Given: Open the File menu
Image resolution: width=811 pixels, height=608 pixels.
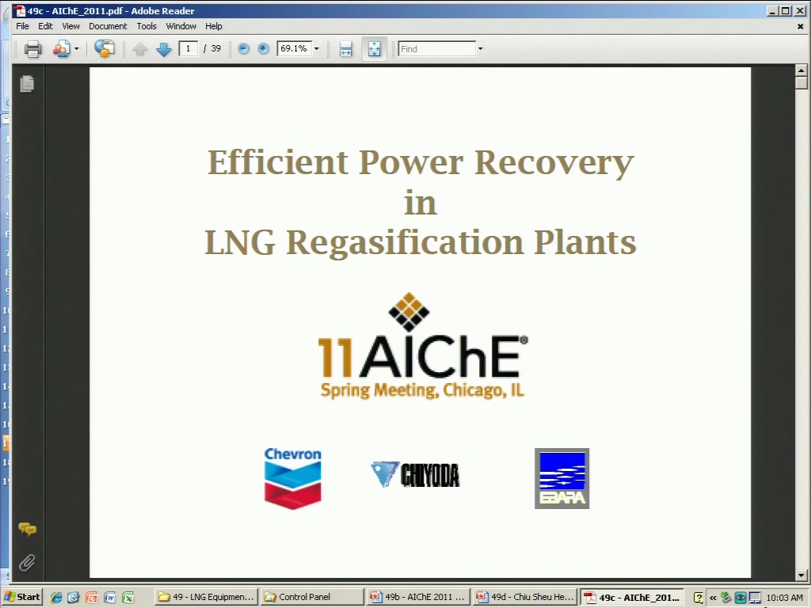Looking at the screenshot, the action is click(x=22, y=26).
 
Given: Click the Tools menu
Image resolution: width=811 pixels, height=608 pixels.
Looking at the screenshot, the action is click(x=147, y=26).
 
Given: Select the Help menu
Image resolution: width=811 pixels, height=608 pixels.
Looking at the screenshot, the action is click(x=214, y=26).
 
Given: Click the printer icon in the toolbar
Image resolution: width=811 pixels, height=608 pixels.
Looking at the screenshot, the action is click(x=33, y=48).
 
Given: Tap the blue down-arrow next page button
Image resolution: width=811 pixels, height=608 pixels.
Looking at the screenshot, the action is click(x=163, y=49).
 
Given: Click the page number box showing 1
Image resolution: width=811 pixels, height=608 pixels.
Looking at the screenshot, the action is click(x=188, y=48).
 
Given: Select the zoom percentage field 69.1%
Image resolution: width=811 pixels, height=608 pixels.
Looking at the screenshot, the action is click(x=295, y=48).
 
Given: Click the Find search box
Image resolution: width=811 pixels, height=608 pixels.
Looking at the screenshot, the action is click(x=437, y=48).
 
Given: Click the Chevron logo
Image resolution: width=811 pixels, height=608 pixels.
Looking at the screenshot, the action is click(x=293, y=478).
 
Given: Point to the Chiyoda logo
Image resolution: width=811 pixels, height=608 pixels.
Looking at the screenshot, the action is click(x=415, y=475).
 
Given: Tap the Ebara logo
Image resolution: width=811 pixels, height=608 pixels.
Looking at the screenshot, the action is click(x=562, y=478).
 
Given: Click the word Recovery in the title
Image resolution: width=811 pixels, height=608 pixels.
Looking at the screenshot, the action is click(x=554, y=163).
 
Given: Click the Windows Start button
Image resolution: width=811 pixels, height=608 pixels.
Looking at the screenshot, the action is click(x=22, y=597).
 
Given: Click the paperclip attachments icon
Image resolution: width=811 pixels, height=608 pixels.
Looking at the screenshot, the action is click(x=27, y=563).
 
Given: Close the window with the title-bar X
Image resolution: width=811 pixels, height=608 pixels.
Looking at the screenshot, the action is click(x=799, y=11).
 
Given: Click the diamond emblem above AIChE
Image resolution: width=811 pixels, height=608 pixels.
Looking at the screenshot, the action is click(x=409, y=312).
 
